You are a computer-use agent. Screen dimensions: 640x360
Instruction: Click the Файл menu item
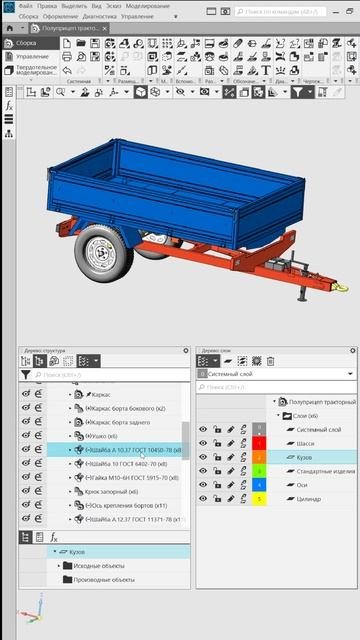pos(26,5)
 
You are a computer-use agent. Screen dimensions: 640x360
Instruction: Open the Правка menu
pos(48,5)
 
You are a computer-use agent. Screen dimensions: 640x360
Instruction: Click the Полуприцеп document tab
pos(76,29)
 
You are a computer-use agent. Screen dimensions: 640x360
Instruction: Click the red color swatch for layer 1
pos(259,442)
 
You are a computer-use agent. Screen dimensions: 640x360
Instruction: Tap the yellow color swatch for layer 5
pos(259,498)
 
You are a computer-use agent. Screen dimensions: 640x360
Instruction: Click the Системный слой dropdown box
pos(275,373)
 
